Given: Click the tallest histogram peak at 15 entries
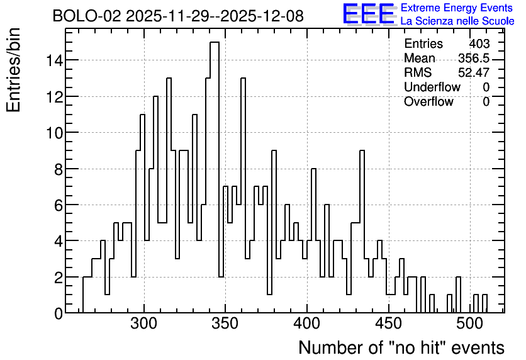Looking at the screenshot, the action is [x=215, y=42].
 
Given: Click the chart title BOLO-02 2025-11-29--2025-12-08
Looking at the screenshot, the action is [x=178, y=16].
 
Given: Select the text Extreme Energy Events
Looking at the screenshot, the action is [x=457, y=8].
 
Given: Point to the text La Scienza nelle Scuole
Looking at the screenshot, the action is [x=457, y=21].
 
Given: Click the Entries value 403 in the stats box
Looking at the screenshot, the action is [x=479, y=43].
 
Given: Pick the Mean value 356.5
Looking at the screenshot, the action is [x=474, y=58].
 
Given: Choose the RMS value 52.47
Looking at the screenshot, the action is [x=474, y=72].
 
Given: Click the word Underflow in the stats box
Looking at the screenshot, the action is [x=432, y=87].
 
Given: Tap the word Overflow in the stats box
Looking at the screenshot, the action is [x=428, y=101].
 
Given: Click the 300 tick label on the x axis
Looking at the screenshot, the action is [x=144, y=324].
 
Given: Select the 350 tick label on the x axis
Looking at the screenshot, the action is [x=225, y=324].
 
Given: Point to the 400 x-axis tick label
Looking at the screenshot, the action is [x=307, y=324].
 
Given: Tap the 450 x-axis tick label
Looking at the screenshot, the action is [x=388, y=324].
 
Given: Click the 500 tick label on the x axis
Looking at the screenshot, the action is [x=469, y=324].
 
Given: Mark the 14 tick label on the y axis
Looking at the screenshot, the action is [x=54, y=60].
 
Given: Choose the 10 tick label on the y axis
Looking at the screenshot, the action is [x=54, y=133].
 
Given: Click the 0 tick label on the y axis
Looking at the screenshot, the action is [x=59, y=313].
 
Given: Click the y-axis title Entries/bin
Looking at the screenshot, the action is [x=13, y=70].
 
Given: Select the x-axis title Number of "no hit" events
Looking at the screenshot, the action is [x=401, y=347].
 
